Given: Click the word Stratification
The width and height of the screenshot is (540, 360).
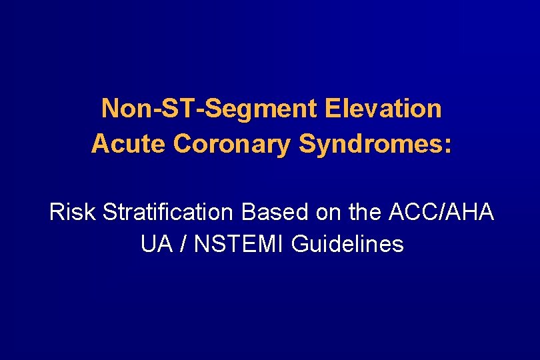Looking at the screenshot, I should (168, 213).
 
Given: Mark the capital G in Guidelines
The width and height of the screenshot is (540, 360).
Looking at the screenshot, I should (301, 245).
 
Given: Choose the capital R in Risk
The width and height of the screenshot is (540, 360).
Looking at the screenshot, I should (57, 213).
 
